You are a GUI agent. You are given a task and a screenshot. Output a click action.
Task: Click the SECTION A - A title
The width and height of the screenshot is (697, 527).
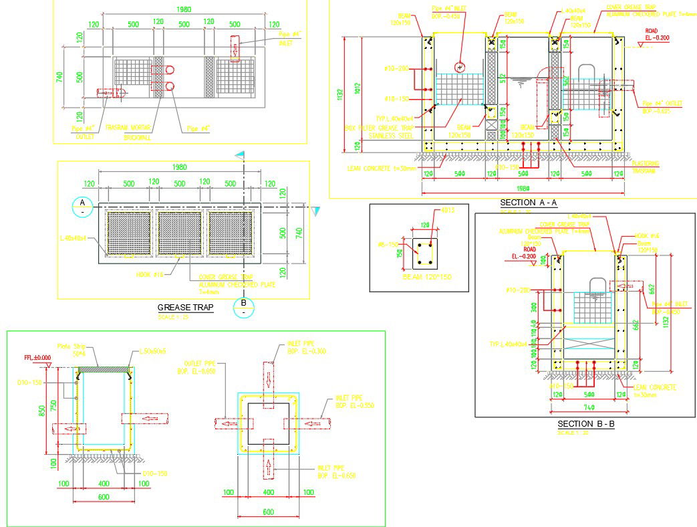[x=528, y=203]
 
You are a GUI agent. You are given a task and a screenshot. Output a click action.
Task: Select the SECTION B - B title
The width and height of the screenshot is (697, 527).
[x=585, y=424]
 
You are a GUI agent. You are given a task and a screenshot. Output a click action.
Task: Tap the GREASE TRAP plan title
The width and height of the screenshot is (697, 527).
[x=185, y=308]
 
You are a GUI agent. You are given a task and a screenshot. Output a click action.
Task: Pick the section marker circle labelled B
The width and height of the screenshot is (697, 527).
[x=243, y=308]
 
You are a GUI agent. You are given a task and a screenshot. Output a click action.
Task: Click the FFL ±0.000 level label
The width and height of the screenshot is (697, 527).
[x=37, y=358]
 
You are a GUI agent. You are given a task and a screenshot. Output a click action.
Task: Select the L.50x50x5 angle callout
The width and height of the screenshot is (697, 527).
[x=153, y=350]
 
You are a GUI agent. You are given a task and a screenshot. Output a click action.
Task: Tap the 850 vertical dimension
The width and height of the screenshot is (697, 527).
[x=43, y=409]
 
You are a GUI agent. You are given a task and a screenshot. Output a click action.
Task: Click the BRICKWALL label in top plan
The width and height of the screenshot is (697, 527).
[x=138, y=138]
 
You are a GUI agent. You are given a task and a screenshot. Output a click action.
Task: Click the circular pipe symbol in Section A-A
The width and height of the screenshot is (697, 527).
[x=459, y=67]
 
